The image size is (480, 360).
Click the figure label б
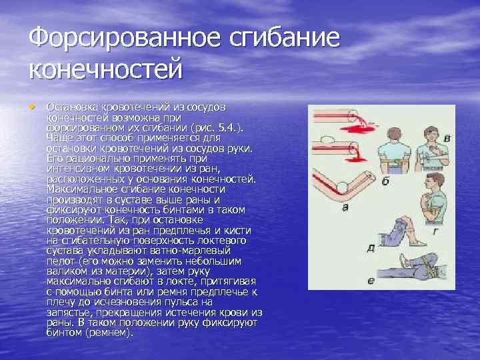(x=385, y=181)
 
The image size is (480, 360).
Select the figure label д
(x=371, y=247)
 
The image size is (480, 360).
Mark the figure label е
(x=371, y=281)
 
